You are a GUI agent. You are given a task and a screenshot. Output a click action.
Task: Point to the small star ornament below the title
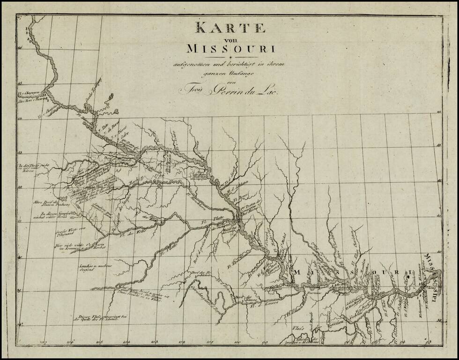point(230,57)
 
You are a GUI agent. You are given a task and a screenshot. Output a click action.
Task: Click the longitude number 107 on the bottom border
point(45,342)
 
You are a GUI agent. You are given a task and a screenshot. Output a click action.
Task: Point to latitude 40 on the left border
point(20,257)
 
